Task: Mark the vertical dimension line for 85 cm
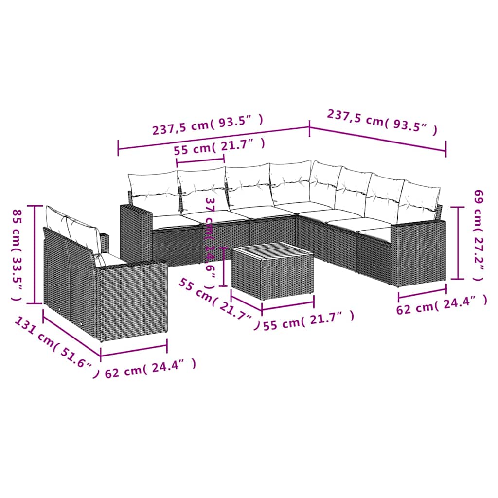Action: point(35,254)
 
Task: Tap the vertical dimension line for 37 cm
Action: point(223,267)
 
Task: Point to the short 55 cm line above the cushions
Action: point(200,160)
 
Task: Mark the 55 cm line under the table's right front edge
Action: point(287,307)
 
